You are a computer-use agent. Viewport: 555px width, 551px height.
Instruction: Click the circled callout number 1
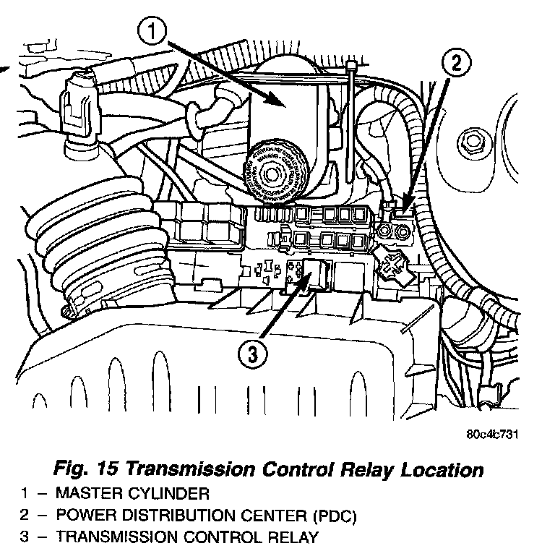click(155, 33)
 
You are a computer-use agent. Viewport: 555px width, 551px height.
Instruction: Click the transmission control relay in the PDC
click(319, 273)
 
